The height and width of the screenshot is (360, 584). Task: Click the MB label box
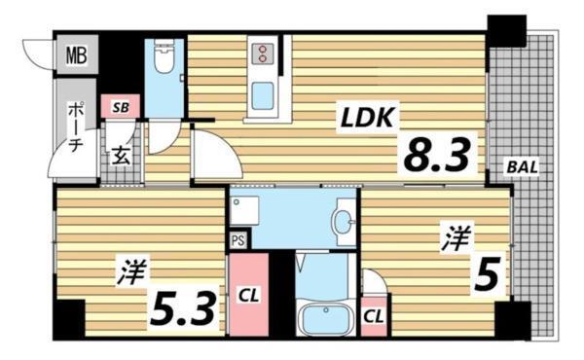click(76, 54)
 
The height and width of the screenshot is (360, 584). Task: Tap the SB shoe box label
click(120, 107)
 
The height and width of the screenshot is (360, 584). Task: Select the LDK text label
click(365, 118)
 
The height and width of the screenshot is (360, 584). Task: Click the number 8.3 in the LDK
click(437, 154)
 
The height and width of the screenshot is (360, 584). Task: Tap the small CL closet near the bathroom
click(374, 316)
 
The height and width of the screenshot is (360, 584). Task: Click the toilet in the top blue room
click(164, 61)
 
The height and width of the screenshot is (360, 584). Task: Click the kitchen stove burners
click(263, 52)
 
